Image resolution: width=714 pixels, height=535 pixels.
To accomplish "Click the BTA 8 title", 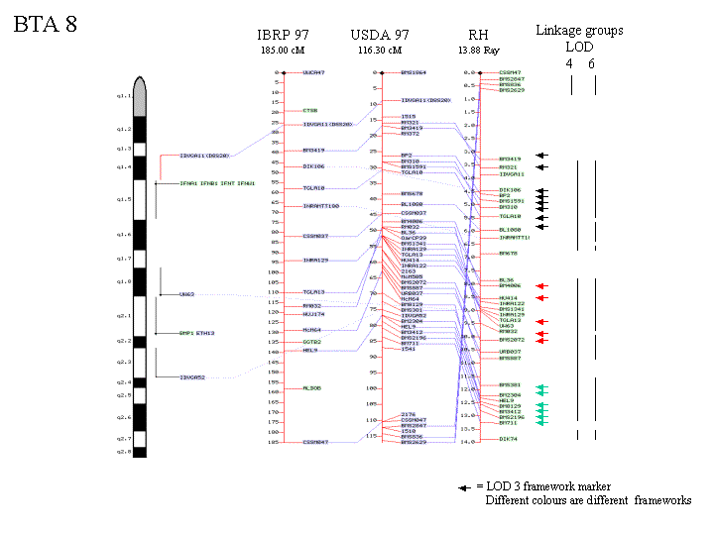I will tap(46, 25).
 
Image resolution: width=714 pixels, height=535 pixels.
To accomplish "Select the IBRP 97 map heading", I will tap(284, 36).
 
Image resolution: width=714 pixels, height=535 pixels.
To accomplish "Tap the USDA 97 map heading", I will tap(381, 36).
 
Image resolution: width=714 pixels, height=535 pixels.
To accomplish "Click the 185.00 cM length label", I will tap(281, 50).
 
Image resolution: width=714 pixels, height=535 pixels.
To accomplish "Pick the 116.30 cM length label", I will tap(380, 50).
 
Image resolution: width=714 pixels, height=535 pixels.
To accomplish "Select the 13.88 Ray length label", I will tap(477, 50).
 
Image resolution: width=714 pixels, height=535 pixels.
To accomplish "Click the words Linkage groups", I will tap(579, 31).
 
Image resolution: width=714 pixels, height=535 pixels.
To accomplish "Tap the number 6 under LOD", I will tap(592, 63).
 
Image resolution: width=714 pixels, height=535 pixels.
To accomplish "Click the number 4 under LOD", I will tap(569, 63).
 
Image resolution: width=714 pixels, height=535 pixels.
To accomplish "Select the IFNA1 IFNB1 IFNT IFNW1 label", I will tap(217, 183).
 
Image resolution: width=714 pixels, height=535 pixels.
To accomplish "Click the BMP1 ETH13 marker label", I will tap(197, 333).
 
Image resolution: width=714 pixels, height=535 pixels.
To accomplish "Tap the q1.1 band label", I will tap(124, 97).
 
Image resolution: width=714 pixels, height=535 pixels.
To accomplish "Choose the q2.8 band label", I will tap(124, 451).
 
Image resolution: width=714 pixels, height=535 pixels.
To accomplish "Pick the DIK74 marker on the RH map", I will tap(508, 439).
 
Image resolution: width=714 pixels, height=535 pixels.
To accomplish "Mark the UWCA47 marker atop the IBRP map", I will tap(313, 72).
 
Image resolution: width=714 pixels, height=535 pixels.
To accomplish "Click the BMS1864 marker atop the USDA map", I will tap(414, 72).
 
